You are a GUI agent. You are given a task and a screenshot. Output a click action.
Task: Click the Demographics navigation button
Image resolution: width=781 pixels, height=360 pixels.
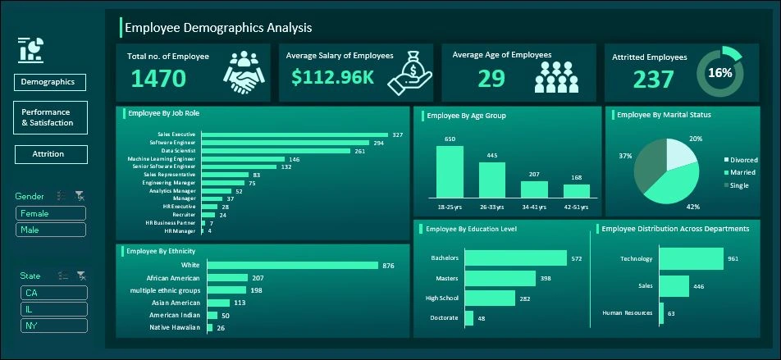49,82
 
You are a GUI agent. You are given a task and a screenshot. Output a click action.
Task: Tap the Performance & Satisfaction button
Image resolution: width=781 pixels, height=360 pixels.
50,117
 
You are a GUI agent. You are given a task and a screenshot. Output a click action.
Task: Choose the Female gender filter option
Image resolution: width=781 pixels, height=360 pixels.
50,213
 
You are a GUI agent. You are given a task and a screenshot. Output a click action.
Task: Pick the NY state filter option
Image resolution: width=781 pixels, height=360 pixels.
53,326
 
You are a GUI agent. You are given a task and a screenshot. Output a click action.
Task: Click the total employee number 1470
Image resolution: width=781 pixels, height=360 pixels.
158,79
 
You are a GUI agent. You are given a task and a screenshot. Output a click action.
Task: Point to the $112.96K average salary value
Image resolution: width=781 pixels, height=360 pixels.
333,77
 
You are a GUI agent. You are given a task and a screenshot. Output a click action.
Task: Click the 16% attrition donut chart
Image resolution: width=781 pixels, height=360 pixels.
719,73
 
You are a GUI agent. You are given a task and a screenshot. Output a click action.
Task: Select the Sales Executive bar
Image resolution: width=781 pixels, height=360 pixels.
295,134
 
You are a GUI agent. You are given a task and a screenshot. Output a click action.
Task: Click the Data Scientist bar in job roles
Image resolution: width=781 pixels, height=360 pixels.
276,151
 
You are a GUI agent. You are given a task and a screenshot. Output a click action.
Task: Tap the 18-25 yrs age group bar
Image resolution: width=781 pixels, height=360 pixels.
450,172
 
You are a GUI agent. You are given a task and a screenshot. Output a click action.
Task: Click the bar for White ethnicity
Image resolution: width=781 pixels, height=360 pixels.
292,265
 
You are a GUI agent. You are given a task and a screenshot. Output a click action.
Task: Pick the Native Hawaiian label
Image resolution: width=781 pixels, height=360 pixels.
176,328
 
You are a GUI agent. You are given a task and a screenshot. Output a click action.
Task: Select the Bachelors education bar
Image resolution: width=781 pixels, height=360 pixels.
515,258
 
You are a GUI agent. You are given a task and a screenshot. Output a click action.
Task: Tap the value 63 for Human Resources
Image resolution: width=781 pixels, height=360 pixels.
670,312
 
